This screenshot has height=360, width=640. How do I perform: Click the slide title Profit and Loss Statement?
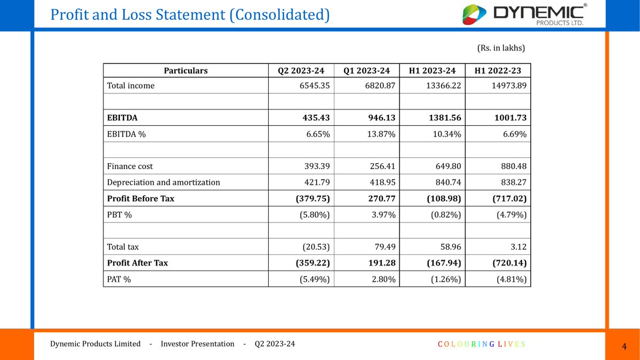189,14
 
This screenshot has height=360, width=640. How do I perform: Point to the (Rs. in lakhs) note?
501,48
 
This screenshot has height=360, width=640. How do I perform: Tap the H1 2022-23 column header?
498,70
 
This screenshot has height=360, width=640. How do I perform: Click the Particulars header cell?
186,70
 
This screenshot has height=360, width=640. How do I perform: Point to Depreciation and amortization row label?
163,182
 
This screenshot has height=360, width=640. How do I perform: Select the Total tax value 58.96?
447,247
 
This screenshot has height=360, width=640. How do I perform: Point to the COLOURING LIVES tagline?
482,344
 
